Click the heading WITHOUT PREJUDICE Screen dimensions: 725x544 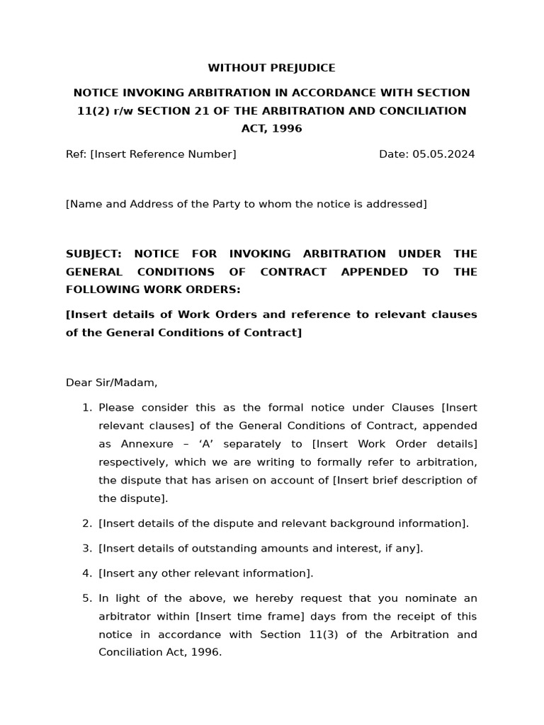tap(271, 68)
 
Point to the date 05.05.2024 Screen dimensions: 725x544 tap(444, 154)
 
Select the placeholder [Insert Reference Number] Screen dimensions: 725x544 tap(163, 154)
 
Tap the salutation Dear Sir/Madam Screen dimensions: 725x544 tap(111, 382)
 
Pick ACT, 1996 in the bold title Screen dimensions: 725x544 tap(271, 129)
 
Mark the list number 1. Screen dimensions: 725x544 tap(87, 408)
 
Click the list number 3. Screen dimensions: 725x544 tap(87, 548)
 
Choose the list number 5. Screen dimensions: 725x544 tap(87, 598)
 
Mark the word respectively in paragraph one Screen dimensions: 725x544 tap(131, 462)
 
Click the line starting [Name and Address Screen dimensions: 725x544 tap(246, 204)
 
